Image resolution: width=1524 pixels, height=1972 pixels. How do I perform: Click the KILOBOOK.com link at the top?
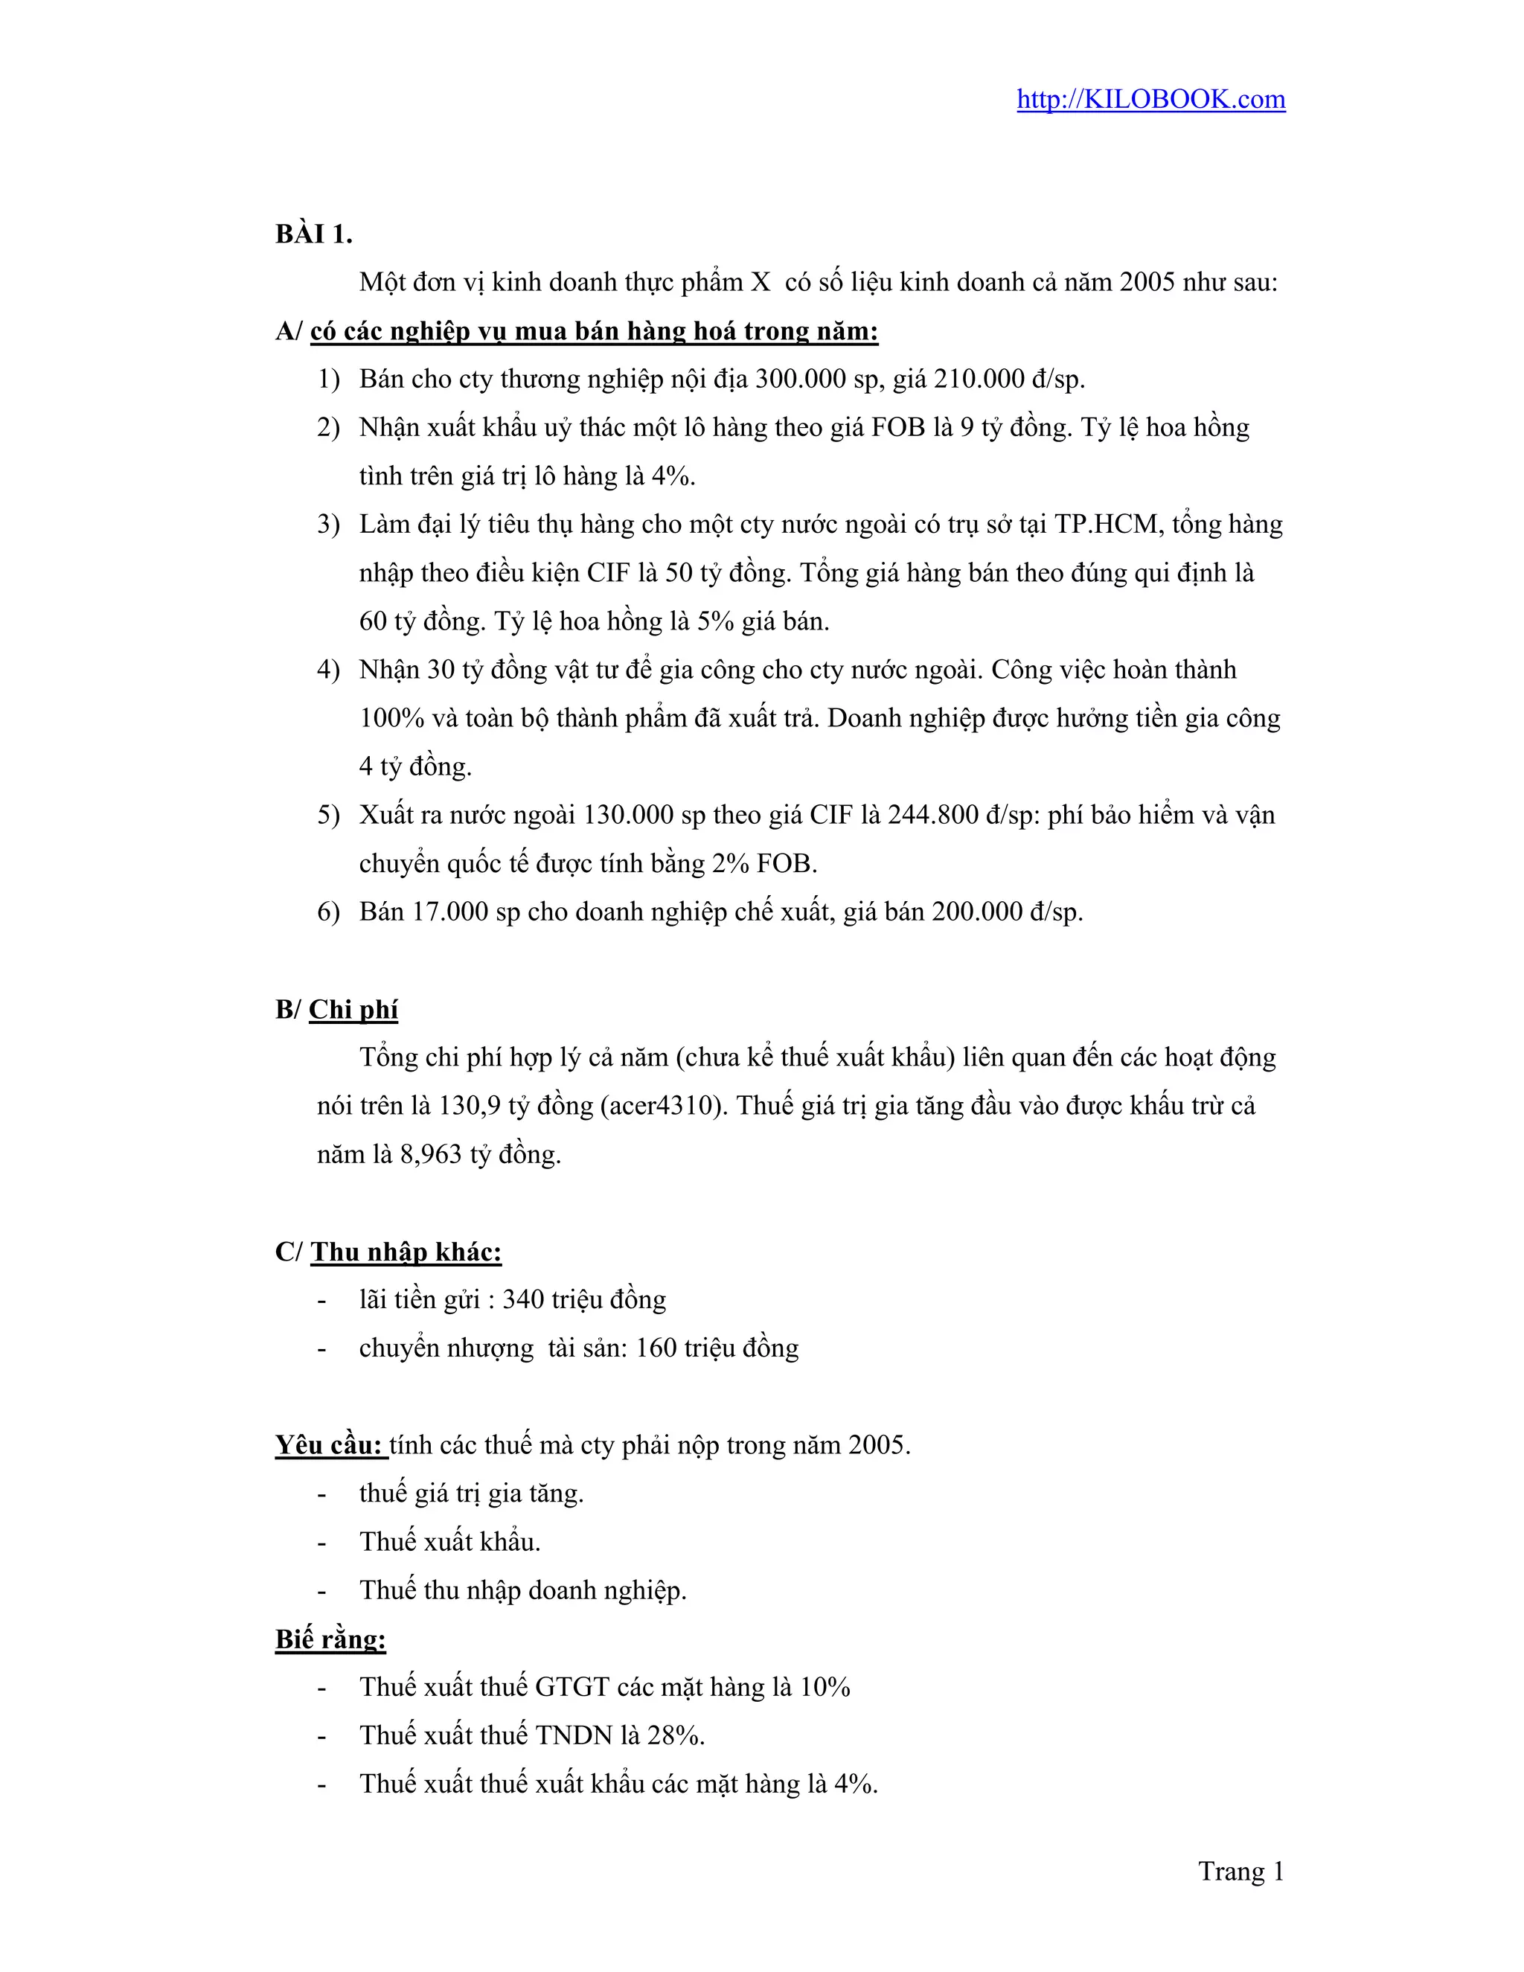tap(1150, 99)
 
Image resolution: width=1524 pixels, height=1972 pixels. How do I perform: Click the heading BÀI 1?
tap(313, 234)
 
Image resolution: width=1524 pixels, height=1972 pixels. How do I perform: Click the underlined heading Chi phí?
tap(353, 1010)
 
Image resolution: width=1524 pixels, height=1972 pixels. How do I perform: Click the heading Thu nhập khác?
tap(406, 1252)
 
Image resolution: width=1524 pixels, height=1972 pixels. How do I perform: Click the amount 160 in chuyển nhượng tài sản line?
tap(656, 1349)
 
